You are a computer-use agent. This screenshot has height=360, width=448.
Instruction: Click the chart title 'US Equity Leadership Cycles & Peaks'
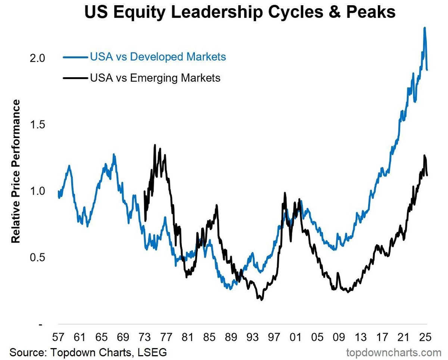pyautogui.click(x=239, y=12)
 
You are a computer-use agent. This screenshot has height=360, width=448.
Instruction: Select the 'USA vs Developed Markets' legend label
pyautogui.click(x=158, y=57)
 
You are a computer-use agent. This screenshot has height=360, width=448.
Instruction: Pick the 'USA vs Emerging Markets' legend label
pyautogui.click(x=155, y=78)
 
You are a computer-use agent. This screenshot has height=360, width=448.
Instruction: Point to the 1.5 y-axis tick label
pyautogui.click(x=37, y=125)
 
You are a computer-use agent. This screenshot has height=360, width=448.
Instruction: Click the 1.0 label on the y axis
pyautogui.click(x=37, y=191)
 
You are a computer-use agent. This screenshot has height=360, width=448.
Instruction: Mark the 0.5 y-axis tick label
pyautogui.click(x=37, y=257)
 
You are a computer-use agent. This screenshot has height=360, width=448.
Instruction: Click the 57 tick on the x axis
pyautogui.click(x=58, y=337)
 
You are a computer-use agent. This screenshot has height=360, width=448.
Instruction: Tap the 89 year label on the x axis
pyautogui.click(x=231, y=337)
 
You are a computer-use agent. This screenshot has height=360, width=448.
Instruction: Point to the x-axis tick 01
pyautogui.click(x=296, y=337)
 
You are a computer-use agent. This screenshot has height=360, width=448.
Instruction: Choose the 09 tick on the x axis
pyautogui.click(x=339, y=337)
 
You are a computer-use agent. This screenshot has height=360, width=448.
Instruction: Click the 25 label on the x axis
pyautogui.click(x=425, y=337)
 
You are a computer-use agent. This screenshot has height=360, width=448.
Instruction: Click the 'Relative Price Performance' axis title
pyautogui.click(x=16, y=172)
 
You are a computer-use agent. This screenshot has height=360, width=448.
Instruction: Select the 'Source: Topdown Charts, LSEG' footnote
pyautogui.click(x=88, y=352)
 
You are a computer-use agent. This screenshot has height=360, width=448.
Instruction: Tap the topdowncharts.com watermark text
pyautogui.click(x=393, y=352)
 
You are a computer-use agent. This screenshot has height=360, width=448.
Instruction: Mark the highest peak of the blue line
pyautogui.click(x=424, y=28)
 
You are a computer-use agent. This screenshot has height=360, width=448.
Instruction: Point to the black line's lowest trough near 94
pyautogui.click(x=261, y=300)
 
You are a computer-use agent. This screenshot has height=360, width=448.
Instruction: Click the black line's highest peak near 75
pyautogui.click(x=155, y=145)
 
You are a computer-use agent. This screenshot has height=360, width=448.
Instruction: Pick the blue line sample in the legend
pyautogui.click(x=75, y=57)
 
